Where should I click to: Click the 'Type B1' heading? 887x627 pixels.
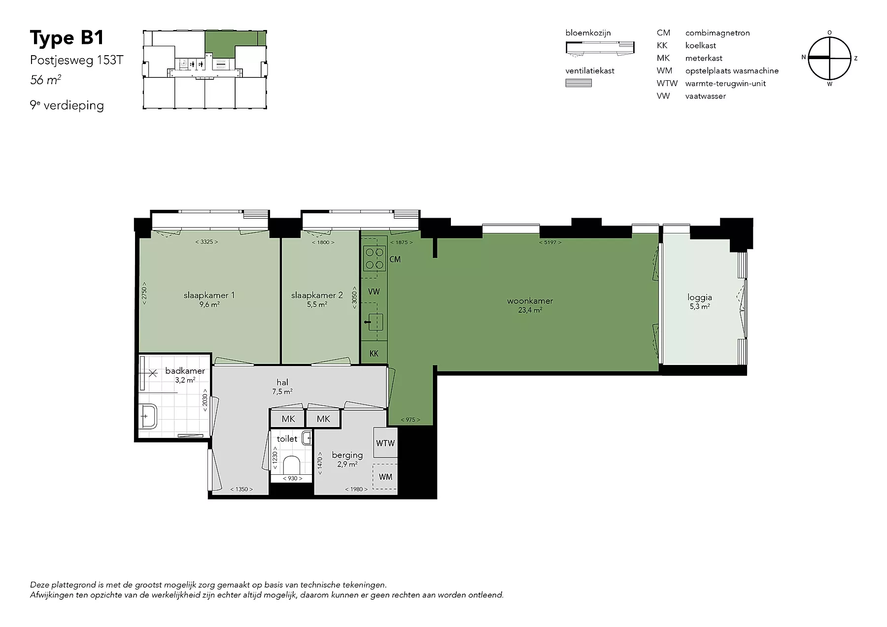click(67, 38)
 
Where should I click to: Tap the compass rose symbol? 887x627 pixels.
click(830, 58)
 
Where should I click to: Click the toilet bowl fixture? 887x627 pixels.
click(293, 465)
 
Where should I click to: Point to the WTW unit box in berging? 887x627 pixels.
click(385, 443)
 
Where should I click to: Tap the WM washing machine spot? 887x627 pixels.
click(385, 476)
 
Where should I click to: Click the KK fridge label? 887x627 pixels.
click(374, 354)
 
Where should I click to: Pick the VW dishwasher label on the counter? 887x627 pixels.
click(374, 292)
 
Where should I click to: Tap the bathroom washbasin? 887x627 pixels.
click(148, 417)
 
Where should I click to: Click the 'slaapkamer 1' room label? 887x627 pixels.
click(209, 295)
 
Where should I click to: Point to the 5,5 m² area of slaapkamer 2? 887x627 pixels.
click(317, 304)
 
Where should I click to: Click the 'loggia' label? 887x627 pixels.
click(700, 297)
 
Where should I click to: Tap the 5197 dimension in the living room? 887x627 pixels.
click(550, 242)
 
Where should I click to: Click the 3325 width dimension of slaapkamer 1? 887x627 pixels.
click(206, 242)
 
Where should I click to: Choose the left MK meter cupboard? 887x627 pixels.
click(288, 419)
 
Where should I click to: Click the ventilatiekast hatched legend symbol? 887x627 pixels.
click(579, 83)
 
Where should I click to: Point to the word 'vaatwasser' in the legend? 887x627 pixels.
click(705, 96)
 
